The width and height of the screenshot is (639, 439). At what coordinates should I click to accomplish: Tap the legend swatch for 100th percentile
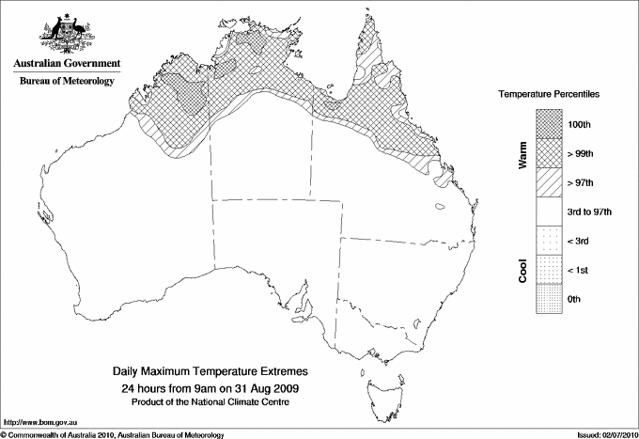[550, 123]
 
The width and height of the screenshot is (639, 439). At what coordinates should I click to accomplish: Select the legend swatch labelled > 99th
[550, 152]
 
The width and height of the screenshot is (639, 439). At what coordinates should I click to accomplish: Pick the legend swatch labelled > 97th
[550, 181]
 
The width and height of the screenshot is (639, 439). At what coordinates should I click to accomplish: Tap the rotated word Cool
[522, 270]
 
